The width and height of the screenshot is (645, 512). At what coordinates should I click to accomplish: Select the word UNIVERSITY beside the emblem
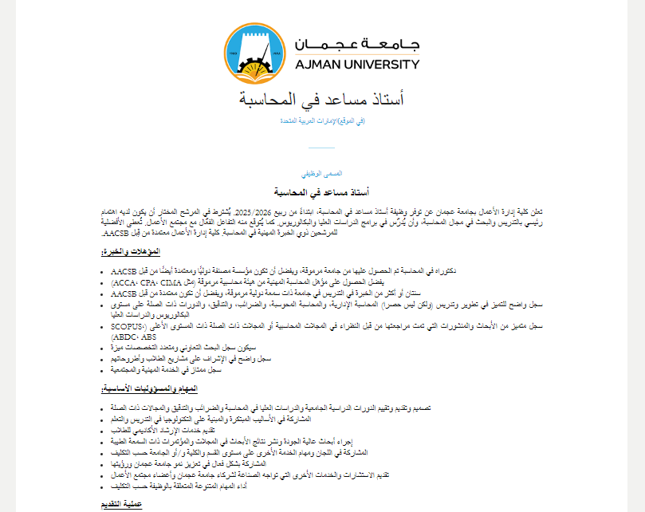pyautogui.click(x=383, y=64)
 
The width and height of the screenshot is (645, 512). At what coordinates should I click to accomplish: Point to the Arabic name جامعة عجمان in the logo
pyautogui.click(x=354, y=43)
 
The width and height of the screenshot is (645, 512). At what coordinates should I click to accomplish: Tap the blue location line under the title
pyautogui.click(x=322, y=120)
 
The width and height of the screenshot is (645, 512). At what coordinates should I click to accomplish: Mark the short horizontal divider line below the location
pyautogui.click(x=322, y=148)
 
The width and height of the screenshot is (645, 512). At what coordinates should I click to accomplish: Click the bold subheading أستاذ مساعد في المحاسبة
pyautogui.click(x=322, y=192)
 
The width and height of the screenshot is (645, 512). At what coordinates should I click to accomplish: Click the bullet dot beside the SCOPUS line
pyautogui.click(x=106, y=325)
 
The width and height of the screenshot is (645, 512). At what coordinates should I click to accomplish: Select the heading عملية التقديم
pyautogui.click(x=127, y=504)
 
